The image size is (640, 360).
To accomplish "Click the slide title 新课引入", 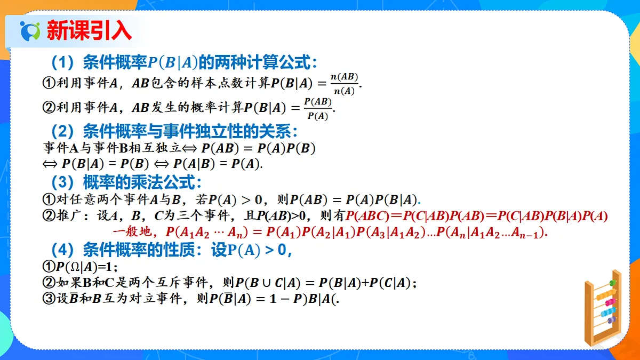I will coord(89,30).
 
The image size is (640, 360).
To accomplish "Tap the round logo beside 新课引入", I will coord(30,31).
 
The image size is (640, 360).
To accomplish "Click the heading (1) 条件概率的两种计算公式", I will coord(183,63).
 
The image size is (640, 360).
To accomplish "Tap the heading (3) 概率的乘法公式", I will coord(126,182).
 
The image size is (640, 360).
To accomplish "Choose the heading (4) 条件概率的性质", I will coord(171,250).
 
